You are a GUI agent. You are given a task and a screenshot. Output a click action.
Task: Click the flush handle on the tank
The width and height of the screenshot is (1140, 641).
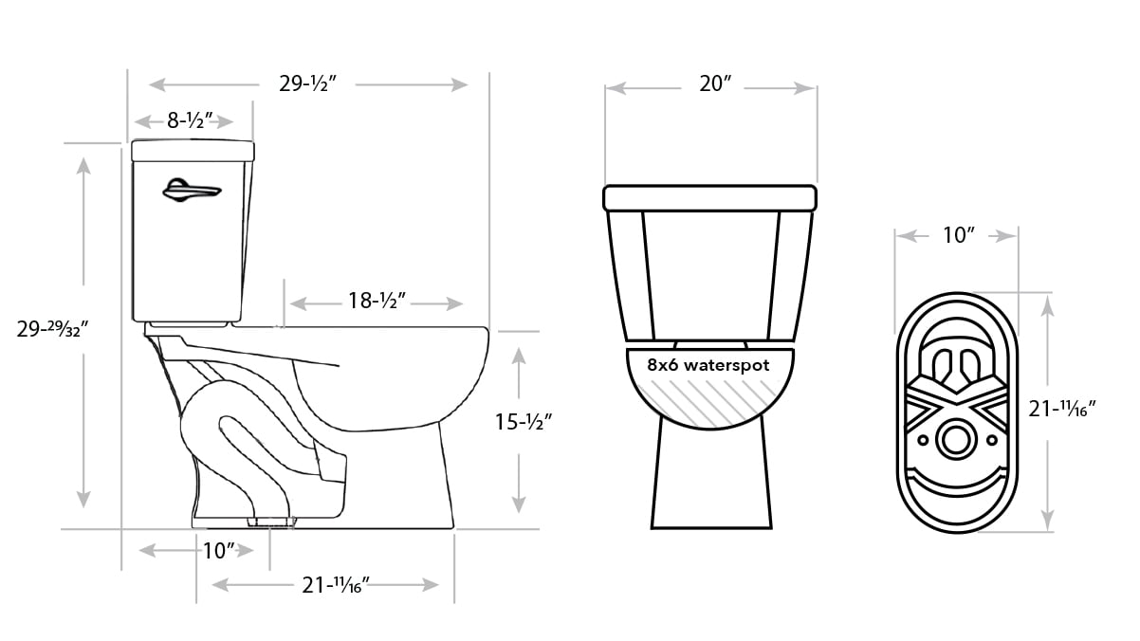pyautogui.click(x=192, y=191)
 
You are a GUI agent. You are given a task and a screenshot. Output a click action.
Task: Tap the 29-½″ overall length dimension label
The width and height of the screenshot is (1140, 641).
pyautogui.click(x=308, y=84)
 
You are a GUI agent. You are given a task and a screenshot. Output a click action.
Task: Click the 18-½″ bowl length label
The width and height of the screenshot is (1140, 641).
pyautogui.click(x=377, y=301)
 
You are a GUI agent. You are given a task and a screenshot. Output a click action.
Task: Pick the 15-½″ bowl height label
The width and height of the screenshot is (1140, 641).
pyautogui.click(x=524, y=422)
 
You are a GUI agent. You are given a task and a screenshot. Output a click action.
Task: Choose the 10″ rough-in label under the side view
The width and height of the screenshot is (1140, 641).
pyautogui.click(x=219, y=551)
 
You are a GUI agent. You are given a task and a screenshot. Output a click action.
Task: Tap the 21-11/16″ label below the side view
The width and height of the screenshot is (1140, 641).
pyautogui.click(x=336, y=585)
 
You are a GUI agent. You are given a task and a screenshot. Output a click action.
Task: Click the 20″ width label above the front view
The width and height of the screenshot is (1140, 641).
pyautogui.click(x=715, y=84)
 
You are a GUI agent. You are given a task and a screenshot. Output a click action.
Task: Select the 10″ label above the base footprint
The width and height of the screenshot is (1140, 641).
pyautogui.click(x=959, y=235)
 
